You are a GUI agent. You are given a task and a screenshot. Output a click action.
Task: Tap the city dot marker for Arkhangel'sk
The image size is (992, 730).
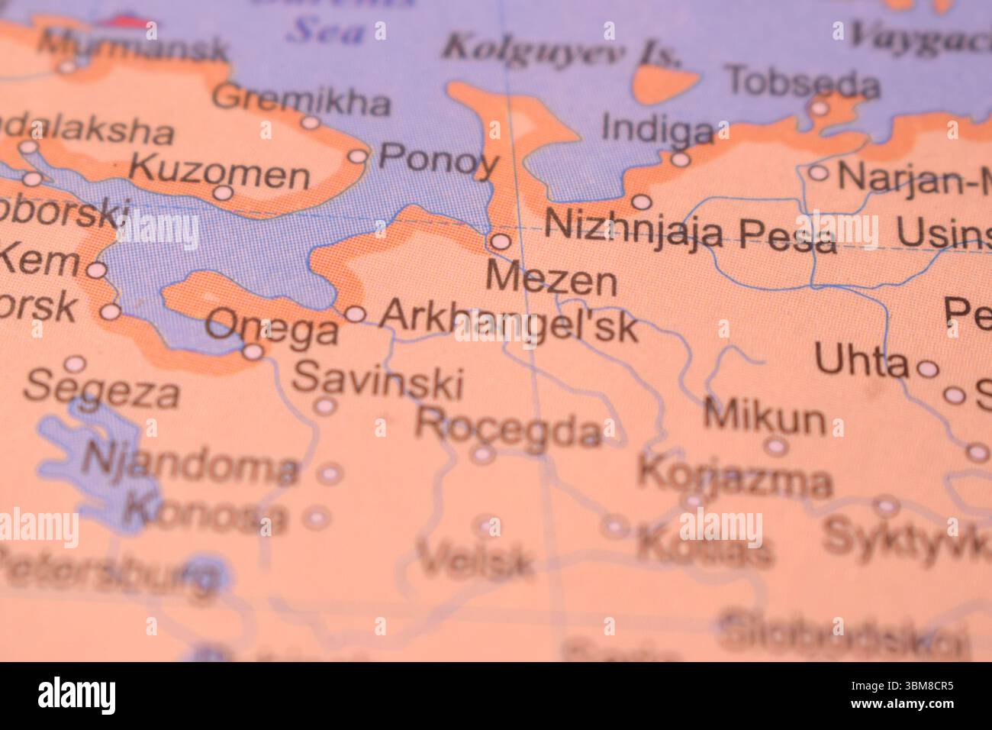click(x=356, y=314)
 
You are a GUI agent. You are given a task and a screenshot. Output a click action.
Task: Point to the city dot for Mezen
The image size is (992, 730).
click(x=500, y=242)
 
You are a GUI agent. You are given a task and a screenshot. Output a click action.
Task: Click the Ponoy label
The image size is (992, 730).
click(x=438, y=160)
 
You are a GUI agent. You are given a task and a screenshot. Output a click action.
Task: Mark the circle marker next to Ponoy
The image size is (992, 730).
click(x=359, y=157)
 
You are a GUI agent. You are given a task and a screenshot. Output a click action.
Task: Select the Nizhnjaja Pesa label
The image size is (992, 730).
click(x=691, y=229)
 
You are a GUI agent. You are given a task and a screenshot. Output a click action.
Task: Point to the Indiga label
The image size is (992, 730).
click(x=657, y=128)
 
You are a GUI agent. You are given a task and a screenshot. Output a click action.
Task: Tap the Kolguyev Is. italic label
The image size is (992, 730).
click(x=562, y=50)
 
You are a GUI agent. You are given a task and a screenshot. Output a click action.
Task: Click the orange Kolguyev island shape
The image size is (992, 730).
click(x=665, y=82)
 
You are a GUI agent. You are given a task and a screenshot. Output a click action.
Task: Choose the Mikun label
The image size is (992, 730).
click(x=765, y=418)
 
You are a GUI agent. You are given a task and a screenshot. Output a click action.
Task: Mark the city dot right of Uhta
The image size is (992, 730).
click(x=927, y=369)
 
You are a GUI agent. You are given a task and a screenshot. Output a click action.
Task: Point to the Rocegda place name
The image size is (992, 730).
click(x=509, y=428)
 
